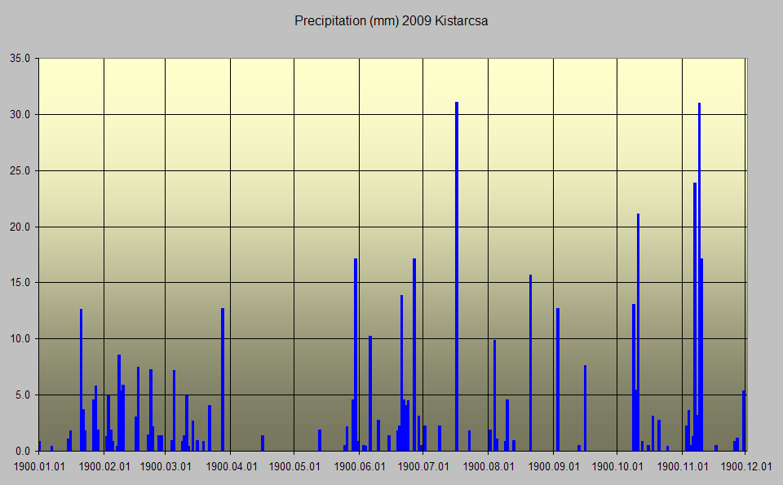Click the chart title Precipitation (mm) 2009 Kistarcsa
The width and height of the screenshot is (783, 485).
391,21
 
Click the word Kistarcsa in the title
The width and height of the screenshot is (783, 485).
461,21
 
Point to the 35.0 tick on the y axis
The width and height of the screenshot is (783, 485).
20,59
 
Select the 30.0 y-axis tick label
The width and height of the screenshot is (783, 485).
20,115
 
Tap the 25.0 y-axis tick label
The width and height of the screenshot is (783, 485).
20,171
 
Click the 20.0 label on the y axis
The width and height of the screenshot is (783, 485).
20,227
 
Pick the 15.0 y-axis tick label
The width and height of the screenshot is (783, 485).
20,283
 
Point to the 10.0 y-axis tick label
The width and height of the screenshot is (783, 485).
20,339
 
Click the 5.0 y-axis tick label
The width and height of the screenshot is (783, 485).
22,395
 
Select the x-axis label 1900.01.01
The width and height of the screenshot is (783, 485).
38,467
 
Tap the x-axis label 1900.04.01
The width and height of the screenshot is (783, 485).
231,467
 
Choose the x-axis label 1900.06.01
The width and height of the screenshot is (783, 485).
359,467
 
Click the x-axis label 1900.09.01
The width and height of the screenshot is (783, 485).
553,467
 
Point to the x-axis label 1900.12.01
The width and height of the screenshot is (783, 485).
745,467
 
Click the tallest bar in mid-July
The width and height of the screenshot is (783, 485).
457,277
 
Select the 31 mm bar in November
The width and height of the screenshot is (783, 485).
699,277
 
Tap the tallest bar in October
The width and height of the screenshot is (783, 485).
638,334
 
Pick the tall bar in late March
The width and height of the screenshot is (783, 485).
223,379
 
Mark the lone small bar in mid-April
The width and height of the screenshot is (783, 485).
263,443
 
